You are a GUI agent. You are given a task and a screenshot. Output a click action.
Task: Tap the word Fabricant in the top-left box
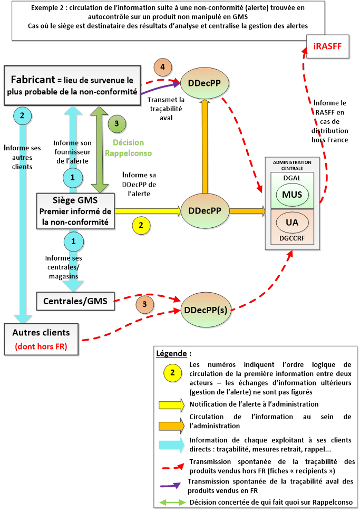point(34,80)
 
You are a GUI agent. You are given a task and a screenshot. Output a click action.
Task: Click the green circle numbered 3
point(117,124)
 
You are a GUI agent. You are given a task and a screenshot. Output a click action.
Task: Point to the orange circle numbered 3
point(144,304)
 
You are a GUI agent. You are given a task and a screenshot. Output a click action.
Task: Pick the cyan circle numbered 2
point(22,115)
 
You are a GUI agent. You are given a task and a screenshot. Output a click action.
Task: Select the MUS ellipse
point(291,195)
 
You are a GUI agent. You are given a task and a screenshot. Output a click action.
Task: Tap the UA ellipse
point(291,223)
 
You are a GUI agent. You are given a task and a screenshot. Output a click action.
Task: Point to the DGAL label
point(291,179)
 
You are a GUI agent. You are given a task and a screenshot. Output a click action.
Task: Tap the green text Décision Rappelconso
point(129,148)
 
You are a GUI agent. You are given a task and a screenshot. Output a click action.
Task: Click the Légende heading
point(174,352)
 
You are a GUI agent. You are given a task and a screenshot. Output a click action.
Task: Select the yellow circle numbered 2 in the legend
point(172,373)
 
